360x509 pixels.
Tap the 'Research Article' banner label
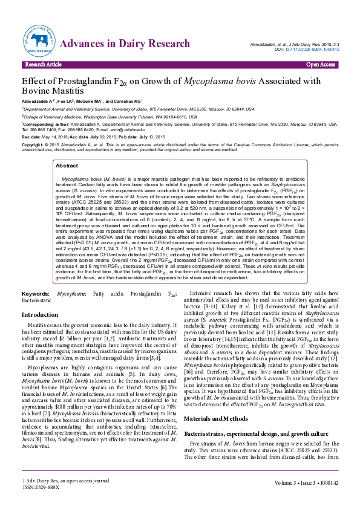(x=43, y=64)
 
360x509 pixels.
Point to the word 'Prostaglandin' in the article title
(x=85, y=82)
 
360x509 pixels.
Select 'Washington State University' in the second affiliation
(x=110, y=117)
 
